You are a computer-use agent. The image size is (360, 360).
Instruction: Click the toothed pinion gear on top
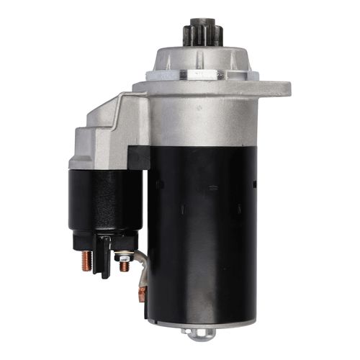(199, 36)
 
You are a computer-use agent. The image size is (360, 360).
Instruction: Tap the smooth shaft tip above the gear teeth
(199, 22)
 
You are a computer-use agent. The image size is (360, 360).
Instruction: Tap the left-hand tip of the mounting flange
(137, 89)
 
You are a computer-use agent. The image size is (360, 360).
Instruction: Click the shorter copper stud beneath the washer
(125, 266)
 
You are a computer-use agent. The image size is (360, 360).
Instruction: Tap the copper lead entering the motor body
(143, 294)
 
